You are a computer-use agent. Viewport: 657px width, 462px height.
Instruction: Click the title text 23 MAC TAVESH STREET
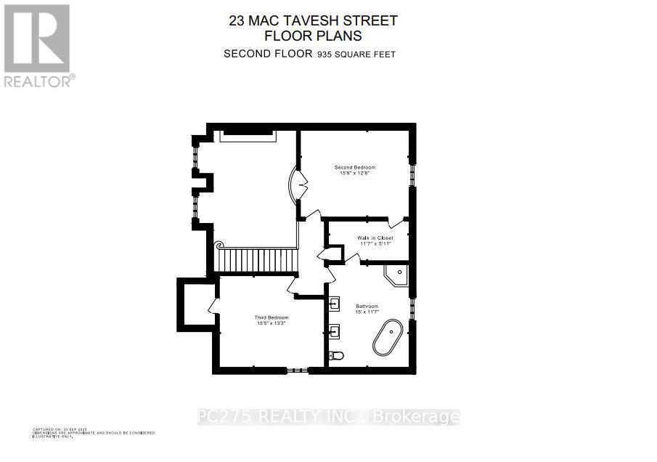pyautogui.click(x=313, y=21)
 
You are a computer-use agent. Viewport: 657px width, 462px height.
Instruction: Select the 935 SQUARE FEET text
pyautogui.click(x=355, y=54)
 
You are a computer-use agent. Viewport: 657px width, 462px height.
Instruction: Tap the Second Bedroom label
pyautogui.click(x=354, y=167)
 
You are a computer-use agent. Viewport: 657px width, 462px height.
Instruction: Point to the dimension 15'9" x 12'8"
pyautogui.click(x=354, y=173)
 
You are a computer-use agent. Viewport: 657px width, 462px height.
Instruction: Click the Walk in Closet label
pyautogui.click(x=375, y=238)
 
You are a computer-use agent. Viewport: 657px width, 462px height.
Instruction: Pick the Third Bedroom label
pyautogui.click(x=272, y=317)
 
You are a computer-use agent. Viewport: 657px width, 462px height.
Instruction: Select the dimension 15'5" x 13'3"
pyautogui.click(x=272, y=323)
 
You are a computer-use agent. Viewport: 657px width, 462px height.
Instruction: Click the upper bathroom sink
pyautogui.click(x=335, y=303)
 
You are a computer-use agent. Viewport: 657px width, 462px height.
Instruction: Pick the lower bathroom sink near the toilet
pyautogui.click(x=335, y=332)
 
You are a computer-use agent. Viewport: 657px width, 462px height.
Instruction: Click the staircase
pyautogui.click(x=258, y=259)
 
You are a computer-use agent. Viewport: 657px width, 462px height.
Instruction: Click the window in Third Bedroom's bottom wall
pyautogui.click(x=297, y=370)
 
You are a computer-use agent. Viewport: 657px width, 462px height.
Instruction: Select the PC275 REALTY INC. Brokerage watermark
pyautogui.click(x=328, y=417)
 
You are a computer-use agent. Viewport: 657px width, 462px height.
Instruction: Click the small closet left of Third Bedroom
pyautogui.click(x=194, y=304)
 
